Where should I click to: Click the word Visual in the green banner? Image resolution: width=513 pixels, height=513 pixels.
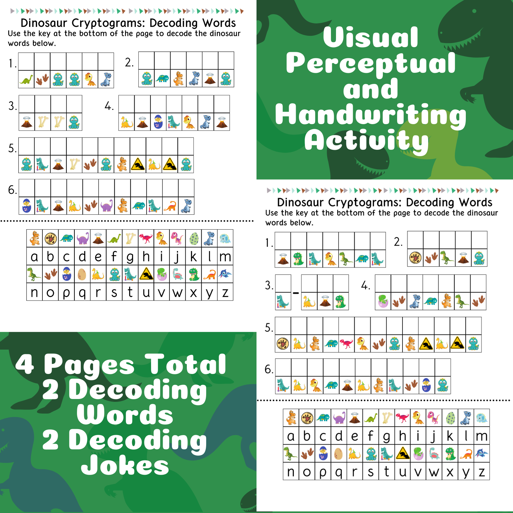point(370,37)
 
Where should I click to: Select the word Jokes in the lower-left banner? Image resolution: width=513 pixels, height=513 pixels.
point(125,465)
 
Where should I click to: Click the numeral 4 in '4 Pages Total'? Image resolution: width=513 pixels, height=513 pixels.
point(25,364)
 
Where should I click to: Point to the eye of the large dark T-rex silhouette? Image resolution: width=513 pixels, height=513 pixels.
point(474,11)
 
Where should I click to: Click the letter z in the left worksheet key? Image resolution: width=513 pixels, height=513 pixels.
point(225,293)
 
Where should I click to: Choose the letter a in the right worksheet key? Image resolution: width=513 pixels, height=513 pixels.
point(291,436)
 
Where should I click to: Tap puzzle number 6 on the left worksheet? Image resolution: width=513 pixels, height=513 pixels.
point(12,190)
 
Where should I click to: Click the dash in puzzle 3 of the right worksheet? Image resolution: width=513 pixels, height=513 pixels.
point(296,293)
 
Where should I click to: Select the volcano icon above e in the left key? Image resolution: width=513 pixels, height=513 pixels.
point(98,238)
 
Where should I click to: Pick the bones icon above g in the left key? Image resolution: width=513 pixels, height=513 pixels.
point(130,238)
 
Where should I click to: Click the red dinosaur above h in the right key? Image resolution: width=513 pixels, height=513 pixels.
point(402,418)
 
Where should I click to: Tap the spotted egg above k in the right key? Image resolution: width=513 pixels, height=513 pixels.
point(450,418)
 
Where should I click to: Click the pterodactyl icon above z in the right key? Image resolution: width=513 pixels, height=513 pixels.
point(482,454)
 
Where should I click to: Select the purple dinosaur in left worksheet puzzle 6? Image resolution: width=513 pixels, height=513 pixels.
point(106,206)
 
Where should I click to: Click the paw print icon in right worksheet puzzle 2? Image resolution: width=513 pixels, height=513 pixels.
point(415,258)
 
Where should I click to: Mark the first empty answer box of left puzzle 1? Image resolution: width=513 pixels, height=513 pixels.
point(26,61)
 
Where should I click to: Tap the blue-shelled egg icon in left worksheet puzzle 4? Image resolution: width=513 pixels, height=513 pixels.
point(158,122)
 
